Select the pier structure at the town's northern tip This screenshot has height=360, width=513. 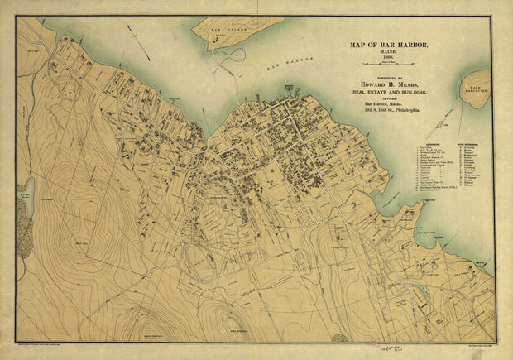(290, 87)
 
